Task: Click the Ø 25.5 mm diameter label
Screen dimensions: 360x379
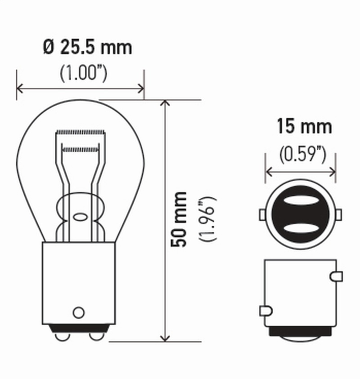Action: coord(88,47)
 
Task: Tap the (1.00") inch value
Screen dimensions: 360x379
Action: coord(84,74)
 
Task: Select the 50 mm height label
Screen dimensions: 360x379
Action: coord(180,219)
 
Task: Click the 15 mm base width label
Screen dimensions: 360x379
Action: coord(304,127)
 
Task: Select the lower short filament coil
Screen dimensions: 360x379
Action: coord(80,148)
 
